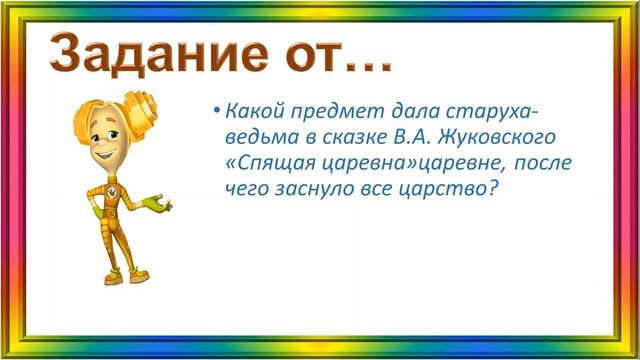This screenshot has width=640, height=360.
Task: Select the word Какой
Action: pyautogui.click(x=252, y=109)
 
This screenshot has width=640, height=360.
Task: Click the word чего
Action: pyautogui.click(x=246, y=190)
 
